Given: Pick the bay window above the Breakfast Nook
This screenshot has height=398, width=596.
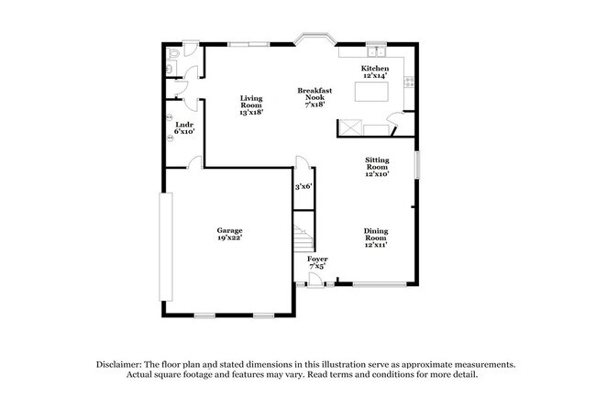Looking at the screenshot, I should [x=314, y=41].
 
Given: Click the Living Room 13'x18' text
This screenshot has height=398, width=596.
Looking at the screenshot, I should [x=250, y=105].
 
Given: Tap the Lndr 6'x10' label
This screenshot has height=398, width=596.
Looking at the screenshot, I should [x=183, y=127].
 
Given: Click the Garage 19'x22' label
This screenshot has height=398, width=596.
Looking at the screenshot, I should [x=229, y=234].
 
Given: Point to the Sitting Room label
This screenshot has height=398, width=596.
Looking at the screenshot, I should [x=377, y=165].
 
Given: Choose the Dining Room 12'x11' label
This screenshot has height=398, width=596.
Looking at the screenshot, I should [x=376, y=238].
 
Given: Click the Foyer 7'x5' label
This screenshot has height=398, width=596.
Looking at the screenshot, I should [x=316, y=262].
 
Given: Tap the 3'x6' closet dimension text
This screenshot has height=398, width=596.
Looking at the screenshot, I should [x=303, y=187].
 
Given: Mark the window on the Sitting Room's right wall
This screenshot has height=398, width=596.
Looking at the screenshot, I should [x=415, y=166].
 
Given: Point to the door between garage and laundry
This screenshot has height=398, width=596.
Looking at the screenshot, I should [x=194, y=162].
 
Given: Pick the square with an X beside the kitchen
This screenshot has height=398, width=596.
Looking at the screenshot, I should [x=349, y=127].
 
